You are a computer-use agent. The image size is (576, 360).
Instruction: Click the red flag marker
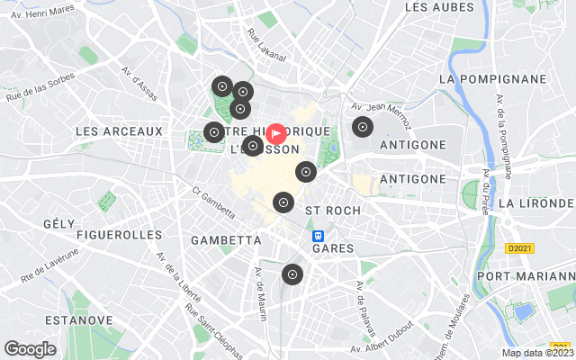277,134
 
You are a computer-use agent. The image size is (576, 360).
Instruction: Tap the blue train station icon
318,236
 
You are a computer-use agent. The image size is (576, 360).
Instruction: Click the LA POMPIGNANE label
492,79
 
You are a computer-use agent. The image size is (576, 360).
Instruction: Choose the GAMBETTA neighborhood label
226,240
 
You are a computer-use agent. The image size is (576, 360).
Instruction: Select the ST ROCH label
333,210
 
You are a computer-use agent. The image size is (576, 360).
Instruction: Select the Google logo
30,348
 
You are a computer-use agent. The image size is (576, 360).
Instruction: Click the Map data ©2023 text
535,353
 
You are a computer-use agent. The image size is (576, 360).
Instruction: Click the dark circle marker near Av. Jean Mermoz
362,127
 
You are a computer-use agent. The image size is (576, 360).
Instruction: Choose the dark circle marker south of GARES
292,274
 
